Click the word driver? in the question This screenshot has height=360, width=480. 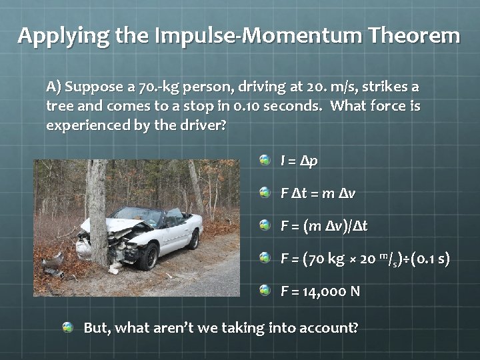(x=198, y=125)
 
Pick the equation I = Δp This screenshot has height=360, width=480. (x=299, y=161)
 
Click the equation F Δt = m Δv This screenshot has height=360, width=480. (x=318, y=193)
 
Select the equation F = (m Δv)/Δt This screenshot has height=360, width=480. (x=324, y=226)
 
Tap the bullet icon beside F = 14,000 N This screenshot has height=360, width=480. (x=265, y=290)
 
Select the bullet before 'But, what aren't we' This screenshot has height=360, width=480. (x=68, y=327)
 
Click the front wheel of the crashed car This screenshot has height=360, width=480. (x=148, y=256)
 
